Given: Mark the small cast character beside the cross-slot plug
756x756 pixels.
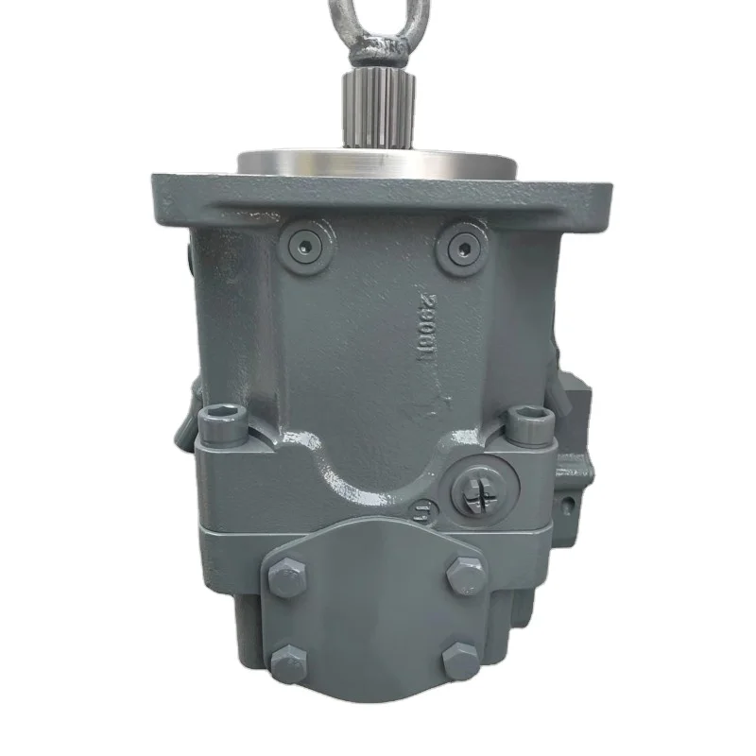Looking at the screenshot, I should pos(423,511).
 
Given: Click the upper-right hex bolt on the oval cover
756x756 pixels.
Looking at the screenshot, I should pos(465,575).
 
